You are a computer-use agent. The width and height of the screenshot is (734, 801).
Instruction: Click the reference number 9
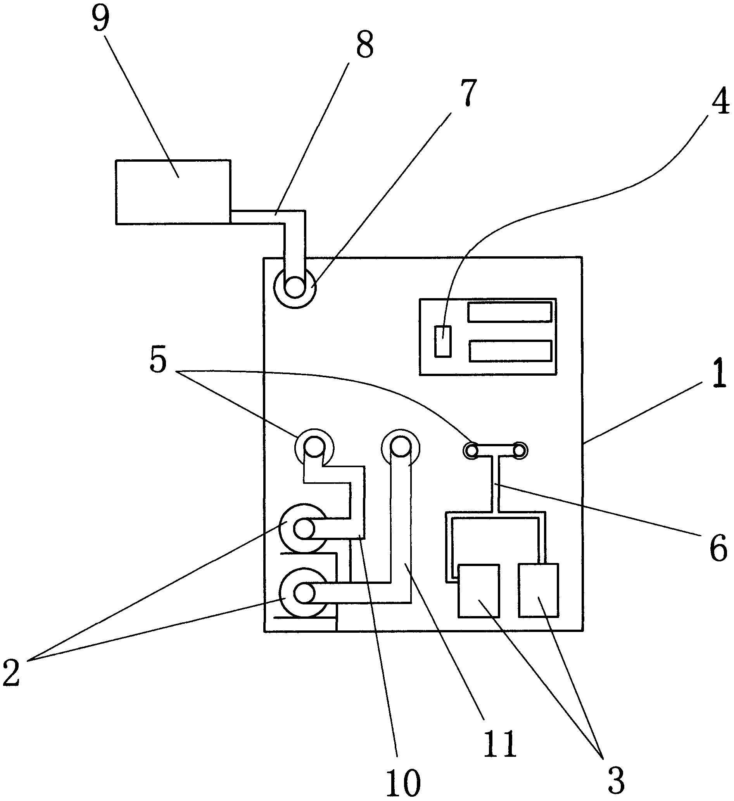click(x=101, y=19)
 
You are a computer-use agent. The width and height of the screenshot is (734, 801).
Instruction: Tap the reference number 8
click(x=364, y=45)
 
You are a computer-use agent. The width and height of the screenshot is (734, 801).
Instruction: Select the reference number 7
click(x=468, y=92)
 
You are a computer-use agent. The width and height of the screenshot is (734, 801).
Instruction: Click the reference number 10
click(x=403, y=780)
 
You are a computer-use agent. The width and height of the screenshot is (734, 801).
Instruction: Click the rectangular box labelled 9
click(x=173, y=192)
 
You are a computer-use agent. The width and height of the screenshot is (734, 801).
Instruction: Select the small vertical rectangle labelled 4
click(x=443, y=341)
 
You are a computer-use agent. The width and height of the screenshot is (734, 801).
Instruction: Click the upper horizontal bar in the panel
click(x=510, y=312)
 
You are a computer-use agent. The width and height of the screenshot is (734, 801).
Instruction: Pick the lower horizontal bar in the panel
click(x=510, y=351)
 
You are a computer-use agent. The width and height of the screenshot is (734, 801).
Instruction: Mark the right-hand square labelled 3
click(x=539, y=590)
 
